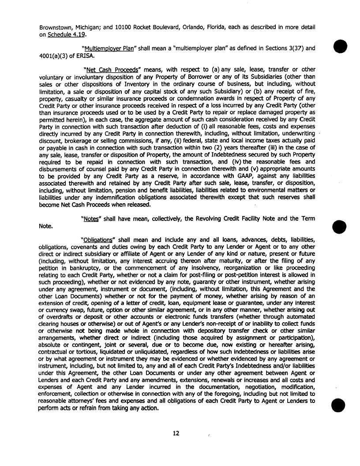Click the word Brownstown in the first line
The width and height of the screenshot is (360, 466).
tap(52, 26)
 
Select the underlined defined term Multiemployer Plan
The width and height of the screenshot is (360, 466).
tap(108, 48)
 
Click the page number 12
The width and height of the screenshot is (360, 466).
tap(176, 434)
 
